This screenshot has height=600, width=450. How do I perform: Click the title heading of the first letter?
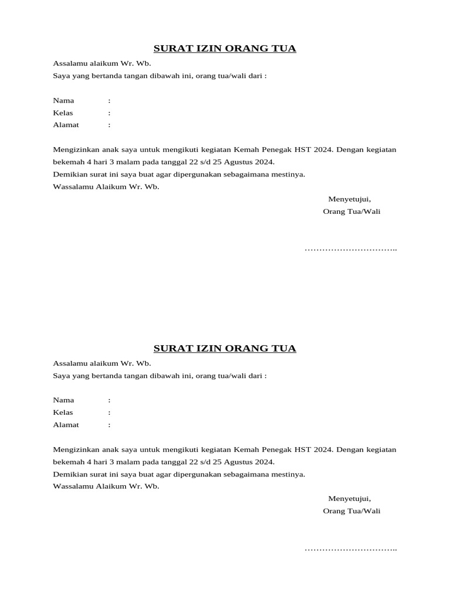(x=224, y=48)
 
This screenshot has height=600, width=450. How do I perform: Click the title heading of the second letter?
(x=224, y=349)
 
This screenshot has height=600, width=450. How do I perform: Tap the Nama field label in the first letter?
(x=63, y=100)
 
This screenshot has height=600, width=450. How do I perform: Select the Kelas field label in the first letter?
(x=63, y=112)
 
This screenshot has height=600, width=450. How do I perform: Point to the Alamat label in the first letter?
(x=66, y=125)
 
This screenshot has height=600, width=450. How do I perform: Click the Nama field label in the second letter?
(x=63, y=400)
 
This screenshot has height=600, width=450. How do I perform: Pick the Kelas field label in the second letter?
(x=63, y=412)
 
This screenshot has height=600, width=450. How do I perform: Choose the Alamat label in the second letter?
(x=66, y=425)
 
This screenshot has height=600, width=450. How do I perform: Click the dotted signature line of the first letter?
(x=350, y=250)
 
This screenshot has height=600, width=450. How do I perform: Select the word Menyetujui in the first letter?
(x=349, y=199)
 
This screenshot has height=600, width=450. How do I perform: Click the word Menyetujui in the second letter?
(x=349, y=499)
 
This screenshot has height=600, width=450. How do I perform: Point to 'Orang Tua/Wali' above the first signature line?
(x=352, y=212)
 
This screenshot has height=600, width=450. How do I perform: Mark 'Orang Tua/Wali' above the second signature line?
(x=352, y=512)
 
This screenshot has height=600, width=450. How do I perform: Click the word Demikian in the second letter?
(x=69, y=475)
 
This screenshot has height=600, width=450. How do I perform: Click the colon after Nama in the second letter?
(x=109, y=400)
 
